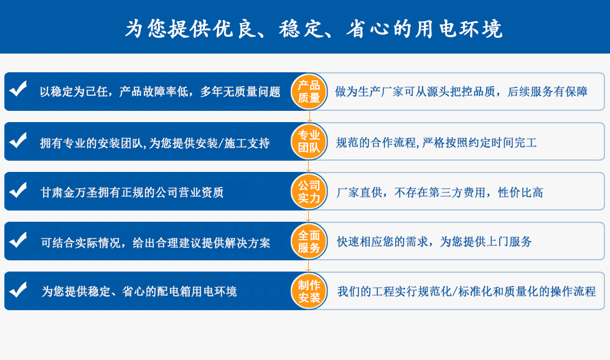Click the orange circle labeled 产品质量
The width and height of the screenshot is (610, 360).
point(309,92)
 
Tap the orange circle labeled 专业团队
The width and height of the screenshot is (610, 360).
point(309,141)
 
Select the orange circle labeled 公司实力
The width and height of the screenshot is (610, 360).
point(309,191)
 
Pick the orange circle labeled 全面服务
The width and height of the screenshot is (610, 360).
point(309,241)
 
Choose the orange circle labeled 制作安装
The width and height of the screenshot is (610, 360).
point(309,291)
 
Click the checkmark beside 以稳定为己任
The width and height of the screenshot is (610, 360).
point(18,88)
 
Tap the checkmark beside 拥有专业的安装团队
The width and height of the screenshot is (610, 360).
point(18,140)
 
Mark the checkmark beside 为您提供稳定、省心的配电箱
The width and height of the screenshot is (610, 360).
point(18,289)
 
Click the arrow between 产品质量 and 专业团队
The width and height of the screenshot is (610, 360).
point(309,116)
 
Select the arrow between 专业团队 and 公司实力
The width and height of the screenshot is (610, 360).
point(309,166)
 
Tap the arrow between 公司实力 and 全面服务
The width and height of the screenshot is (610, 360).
point(309,216)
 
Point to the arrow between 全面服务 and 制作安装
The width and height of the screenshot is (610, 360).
point(309,266)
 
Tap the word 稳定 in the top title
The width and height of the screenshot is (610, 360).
point(301,29)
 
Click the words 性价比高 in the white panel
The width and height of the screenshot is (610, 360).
point(520,192)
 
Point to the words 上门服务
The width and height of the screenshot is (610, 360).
point(509,242)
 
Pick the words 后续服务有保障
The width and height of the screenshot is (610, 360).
point(547,92)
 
